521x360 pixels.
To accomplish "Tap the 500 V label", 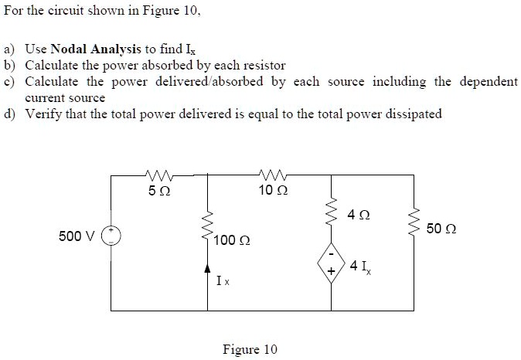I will point(75,235).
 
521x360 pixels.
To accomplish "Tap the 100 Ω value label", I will point(232,242).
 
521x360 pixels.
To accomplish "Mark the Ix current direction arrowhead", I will point(207,267).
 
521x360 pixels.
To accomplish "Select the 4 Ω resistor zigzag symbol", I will point(332,210).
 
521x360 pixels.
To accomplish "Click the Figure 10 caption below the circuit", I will point(249,349).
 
